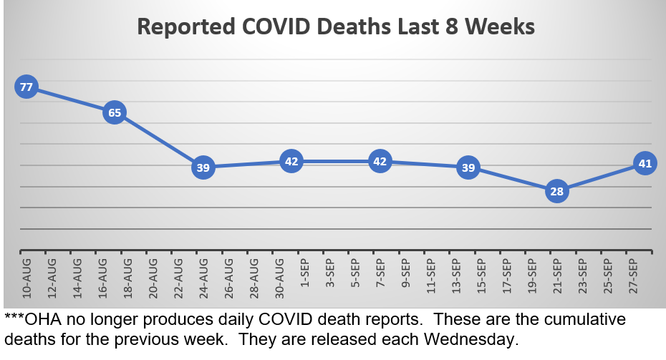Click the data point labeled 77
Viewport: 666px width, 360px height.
26,88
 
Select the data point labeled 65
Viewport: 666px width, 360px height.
115,112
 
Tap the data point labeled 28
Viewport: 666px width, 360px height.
557,192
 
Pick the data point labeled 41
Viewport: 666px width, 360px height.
645,164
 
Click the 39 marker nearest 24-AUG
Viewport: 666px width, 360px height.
203,169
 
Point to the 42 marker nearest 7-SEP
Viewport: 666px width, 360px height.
380,162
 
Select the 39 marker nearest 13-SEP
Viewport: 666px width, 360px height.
468,169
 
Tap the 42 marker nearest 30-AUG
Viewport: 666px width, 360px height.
291,162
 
